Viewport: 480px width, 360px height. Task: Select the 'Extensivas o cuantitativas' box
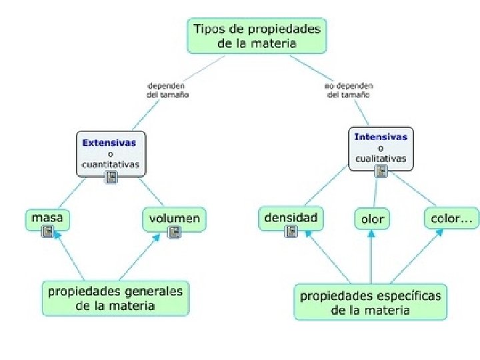[111, 153]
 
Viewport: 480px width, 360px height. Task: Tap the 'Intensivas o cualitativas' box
[381, 147]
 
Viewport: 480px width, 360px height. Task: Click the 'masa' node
[47, 218]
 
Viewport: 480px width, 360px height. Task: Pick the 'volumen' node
[174, 218]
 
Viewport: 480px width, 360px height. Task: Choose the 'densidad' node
[291, 217]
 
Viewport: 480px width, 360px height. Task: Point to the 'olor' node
[372, 219]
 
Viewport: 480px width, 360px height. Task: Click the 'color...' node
[451, 218]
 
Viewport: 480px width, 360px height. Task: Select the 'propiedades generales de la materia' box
[115, 298]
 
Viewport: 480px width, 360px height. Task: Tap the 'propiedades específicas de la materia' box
[371, 302]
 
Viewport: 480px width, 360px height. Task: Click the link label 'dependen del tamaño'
[167, 90]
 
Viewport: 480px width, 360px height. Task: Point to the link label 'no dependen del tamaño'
[349, 90]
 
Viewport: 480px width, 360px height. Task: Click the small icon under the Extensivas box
[111, 177]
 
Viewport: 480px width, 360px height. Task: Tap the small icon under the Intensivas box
[381, 171]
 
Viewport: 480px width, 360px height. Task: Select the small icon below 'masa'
[47, 231]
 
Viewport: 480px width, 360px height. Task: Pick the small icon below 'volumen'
[174, 232]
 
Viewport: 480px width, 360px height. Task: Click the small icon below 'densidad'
[291, 231]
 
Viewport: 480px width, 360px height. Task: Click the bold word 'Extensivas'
[109, 142]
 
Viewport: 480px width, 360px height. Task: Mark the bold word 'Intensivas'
[381, 137]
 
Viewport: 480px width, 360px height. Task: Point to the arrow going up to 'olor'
[371, 257]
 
